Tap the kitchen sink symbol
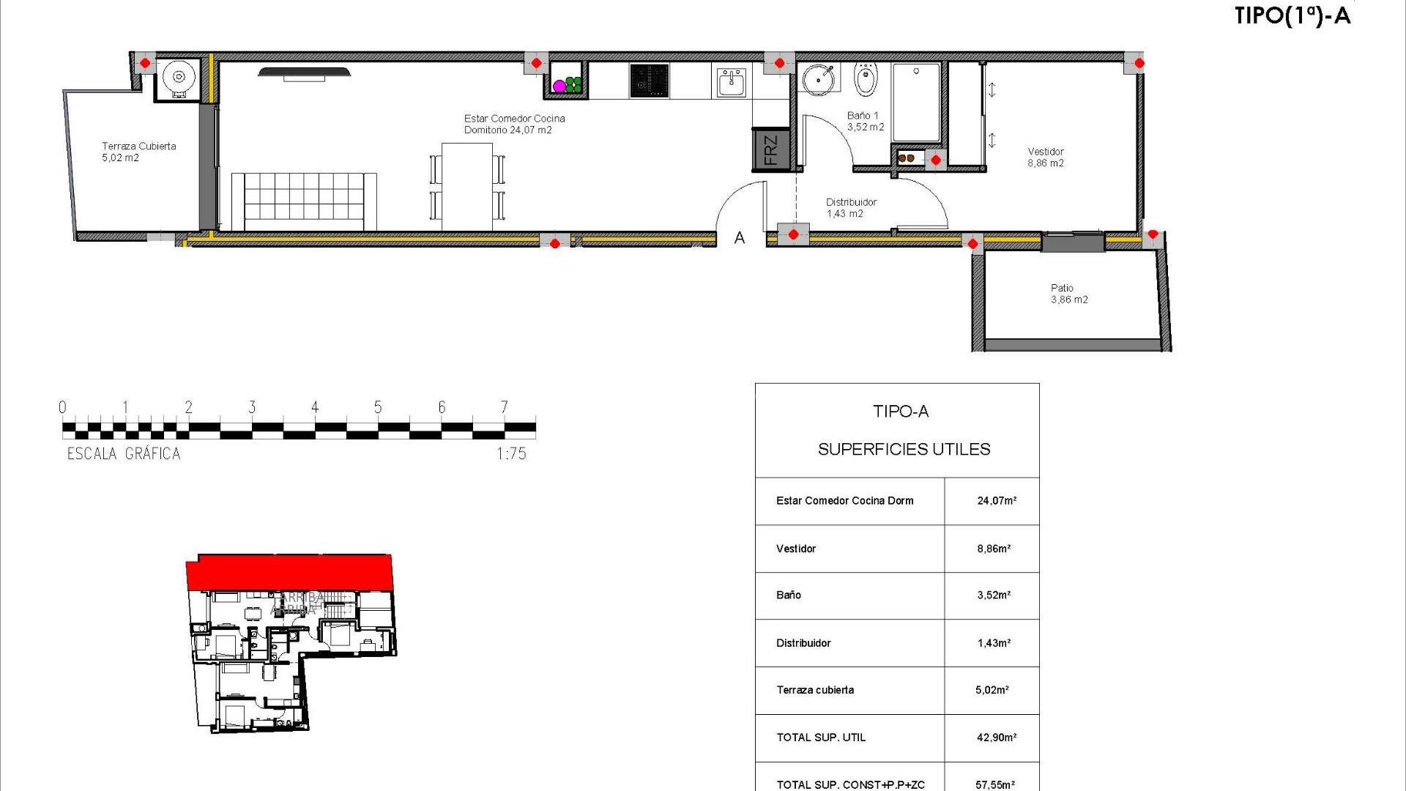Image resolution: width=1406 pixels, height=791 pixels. [x=731, y=82]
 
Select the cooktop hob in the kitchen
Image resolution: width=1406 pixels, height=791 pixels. [x=649, y=81]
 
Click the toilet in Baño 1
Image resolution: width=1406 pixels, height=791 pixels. [x=865, y=81]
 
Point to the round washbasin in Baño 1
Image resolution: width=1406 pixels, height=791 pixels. [x=819, y=79]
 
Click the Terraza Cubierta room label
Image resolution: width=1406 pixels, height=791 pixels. [x=138, y=152]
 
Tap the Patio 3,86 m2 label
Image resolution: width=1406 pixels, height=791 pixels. [x=1068, y=294]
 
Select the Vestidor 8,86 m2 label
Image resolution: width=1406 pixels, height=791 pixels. [x=1045, y=157]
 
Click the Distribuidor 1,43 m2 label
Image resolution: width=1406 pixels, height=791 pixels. [x=851, y=208]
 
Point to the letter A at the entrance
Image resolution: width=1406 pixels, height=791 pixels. [x=740, y=238]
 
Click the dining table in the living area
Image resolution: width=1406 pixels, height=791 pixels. [x=467, y=187]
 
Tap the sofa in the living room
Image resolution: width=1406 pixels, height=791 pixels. [x=304, y=201]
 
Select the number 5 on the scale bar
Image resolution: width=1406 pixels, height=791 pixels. [x=378, y=407]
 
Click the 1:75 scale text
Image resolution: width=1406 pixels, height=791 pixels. [x=511, y=454]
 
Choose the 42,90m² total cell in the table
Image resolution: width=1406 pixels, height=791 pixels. [x=996, y=738]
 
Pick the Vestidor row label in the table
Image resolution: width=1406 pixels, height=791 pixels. [x=796, y=549]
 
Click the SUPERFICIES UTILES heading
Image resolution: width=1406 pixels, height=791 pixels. [x=904, y=449]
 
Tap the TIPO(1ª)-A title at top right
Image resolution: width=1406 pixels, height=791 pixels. [x=1292, y=16]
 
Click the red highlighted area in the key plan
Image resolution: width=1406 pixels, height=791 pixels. [x=289, y=571]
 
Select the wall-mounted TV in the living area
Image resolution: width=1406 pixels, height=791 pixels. [x=304, y=72]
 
